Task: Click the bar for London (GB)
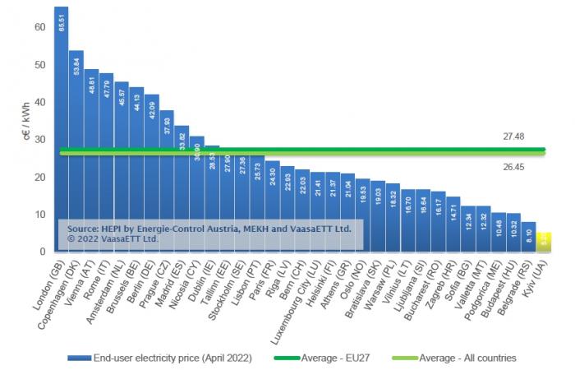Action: click(x=62, y=123)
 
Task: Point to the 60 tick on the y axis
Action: click(x=40, y=27)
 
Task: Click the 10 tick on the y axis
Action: click(x=40, y=215)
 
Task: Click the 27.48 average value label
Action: click(x=516, y=136)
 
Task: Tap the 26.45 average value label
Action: click(x=516, y=166)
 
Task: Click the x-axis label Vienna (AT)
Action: click(x=76, y=284)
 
